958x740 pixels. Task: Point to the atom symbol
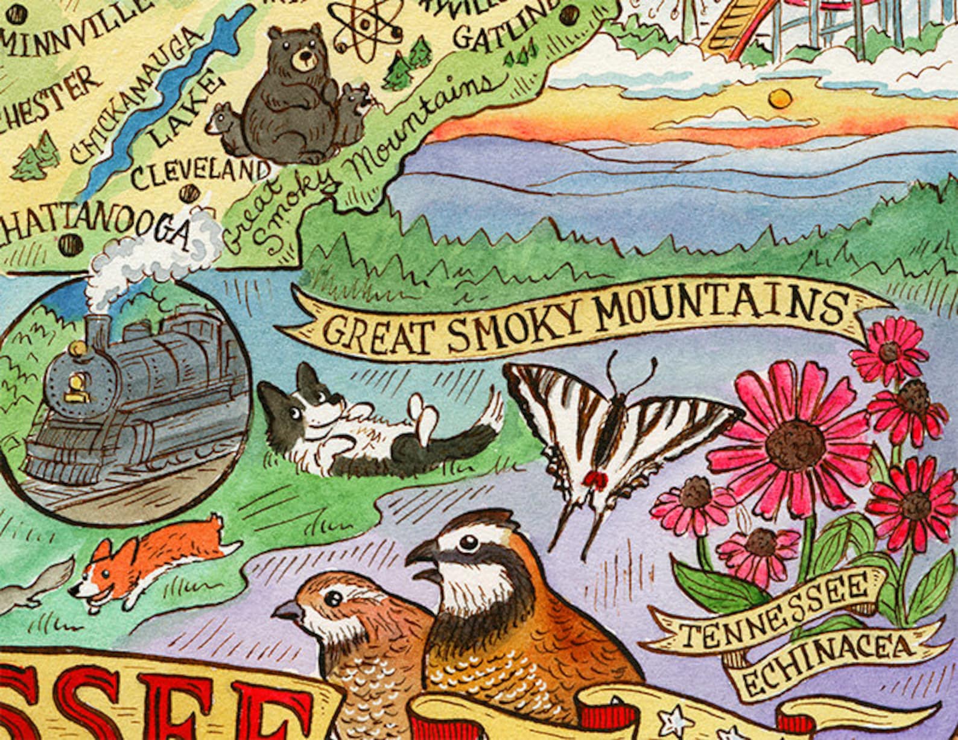(x=364, y=27)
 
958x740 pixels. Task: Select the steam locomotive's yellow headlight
(x=77, y=349)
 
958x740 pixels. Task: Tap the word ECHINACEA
(x=826, y=660)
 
